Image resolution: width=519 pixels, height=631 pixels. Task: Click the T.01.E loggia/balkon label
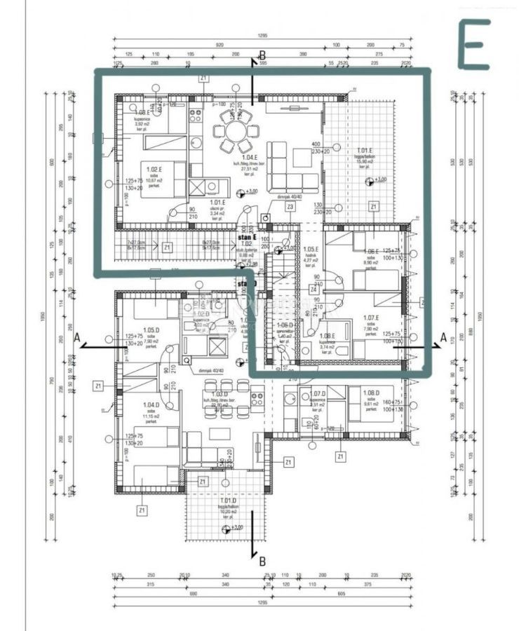coord(364,151)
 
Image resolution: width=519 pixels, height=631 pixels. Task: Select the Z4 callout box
coord(314,290)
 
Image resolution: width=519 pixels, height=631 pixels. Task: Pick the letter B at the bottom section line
coord(262,561)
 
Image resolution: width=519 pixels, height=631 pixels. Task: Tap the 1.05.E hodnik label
coord(310,250)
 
